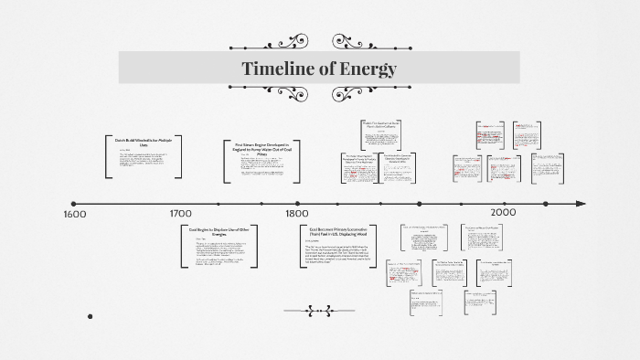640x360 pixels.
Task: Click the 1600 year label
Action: (x=75, y=214)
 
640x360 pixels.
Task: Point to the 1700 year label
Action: (x=180, y=213)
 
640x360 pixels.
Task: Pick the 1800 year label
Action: (x=297, y=213)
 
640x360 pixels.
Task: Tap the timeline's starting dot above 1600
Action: (x=74, y=204)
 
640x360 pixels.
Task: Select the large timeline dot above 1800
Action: (x=296, y=204)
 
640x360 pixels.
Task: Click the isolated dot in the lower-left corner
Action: (x=91, y=316)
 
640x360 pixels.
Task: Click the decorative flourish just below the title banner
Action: (x=319, y=93)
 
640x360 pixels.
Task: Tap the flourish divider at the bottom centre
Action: (x=319, y=311)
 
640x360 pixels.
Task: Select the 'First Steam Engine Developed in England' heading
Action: (x=261, y=148)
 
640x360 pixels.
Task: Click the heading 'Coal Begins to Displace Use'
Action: (x=219, y=232)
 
